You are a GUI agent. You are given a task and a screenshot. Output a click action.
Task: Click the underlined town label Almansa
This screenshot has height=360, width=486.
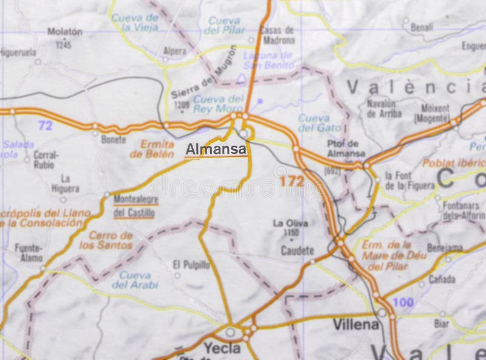click(216, 148)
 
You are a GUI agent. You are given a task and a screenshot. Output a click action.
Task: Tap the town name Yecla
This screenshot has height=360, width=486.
click(223, 348)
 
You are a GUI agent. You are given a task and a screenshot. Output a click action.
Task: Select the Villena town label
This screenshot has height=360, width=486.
click(356, 324)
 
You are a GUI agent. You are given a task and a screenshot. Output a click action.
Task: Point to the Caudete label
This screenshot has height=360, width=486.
click(297, 250)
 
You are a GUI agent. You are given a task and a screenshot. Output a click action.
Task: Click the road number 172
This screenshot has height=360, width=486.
click(292, 181)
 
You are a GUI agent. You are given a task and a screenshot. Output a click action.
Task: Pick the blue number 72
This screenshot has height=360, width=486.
click(45, 126)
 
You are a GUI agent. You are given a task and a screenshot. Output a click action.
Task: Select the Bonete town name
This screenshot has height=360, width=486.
click(114, 139)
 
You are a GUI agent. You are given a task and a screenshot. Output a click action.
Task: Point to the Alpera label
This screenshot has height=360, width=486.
click(174, 52)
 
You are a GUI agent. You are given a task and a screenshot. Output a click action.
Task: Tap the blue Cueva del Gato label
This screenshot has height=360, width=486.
click(314, 122)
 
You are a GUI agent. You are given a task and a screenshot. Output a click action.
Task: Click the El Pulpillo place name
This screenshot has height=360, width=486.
click(191, 265)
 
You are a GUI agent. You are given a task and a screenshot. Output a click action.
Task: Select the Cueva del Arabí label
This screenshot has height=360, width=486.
click(135, 279)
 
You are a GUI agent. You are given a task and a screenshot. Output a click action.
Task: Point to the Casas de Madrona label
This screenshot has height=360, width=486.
click(276, 35)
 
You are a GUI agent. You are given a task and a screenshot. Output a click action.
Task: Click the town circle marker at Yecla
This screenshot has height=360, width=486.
click(231, 332)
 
